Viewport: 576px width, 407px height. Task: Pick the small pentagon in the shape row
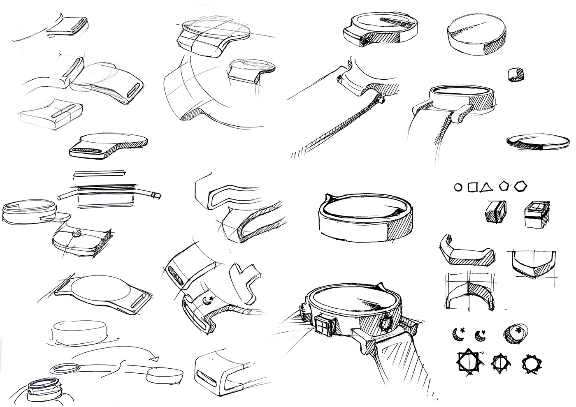point(504,187)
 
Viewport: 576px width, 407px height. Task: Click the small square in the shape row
point(473,188)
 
